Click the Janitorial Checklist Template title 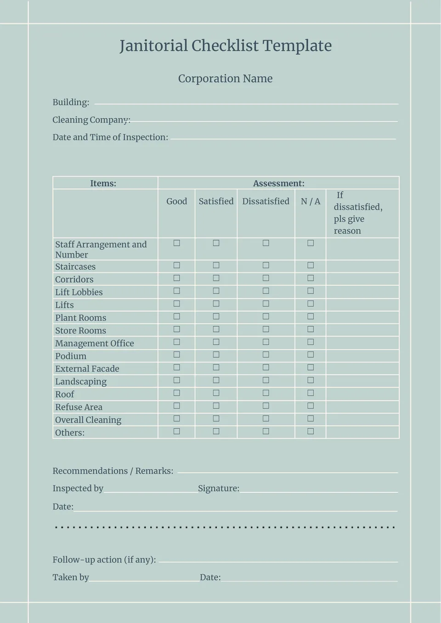pyautogui.click(x=225, y=46)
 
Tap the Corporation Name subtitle pyautogui.click(x=225, y=79)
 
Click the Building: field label pyautogui.click(x=71, y=102)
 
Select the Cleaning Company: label pyautogui.click(x=91, y=120)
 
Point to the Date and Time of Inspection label pyautogui.click(x=110, y=137)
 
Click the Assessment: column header pyautogui.click(x=278, y=183)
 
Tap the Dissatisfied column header pyautogui.click(x=266, y=201)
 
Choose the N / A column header pyautogui.click(x=311, y=201)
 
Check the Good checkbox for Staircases pyautogui.click(x=177, y=266)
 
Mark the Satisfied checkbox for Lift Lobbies pyautogui.click(x=216, y=291)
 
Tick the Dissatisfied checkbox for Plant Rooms pyautogui.click(x=266, y=317)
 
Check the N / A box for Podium pyautogui.click(x=311, y=355)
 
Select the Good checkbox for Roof pyautogui.click(x=177, y=393)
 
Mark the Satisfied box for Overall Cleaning pyautogui.click(x=216, y=419)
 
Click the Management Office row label pyautogui.click(x=95, y=343)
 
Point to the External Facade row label pyautogui.click(x=87, y=368)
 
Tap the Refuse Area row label pyautogui.click(x=79, y=407)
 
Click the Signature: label pyautogui.click(x=219, y=488)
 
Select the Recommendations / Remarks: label pyautogui.click(x=113, y=471)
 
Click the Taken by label pyautogui.click(x=71, y=578)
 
